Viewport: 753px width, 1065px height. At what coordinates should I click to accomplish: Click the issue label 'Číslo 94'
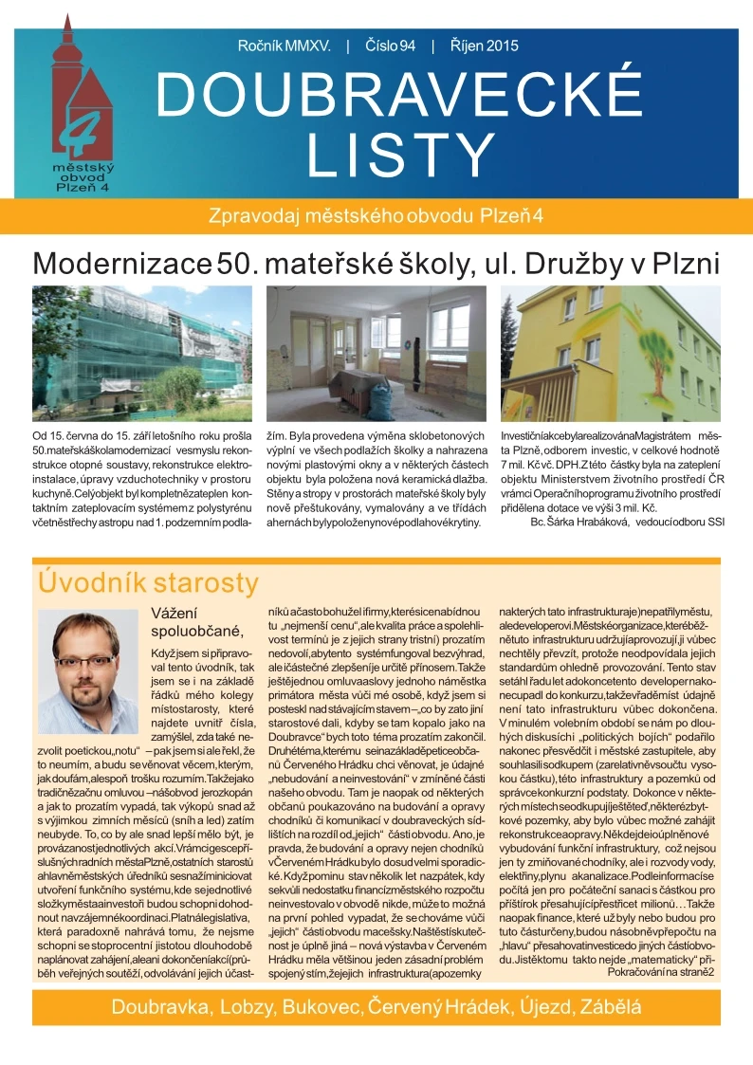coord(391,46)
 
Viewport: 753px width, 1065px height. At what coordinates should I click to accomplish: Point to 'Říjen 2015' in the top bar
coord(485,46)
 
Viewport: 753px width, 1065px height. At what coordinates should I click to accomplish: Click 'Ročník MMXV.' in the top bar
coord(284,46)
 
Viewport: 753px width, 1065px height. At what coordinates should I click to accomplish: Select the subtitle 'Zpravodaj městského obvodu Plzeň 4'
coord(376,215)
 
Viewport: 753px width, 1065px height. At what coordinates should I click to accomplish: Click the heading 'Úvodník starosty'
coord(146,581)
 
